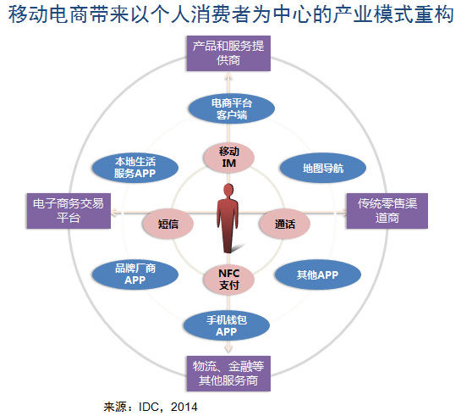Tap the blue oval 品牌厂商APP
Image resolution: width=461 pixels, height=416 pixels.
(x=135, y=274)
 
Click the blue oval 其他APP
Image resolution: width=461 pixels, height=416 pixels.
(x=317, y=275)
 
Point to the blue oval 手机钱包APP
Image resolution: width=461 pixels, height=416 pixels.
(x=225, y=326)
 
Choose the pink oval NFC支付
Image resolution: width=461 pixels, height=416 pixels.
(x=229, y=280)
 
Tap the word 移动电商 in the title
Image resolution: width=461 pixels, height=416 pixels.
(x=51, y=16)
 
